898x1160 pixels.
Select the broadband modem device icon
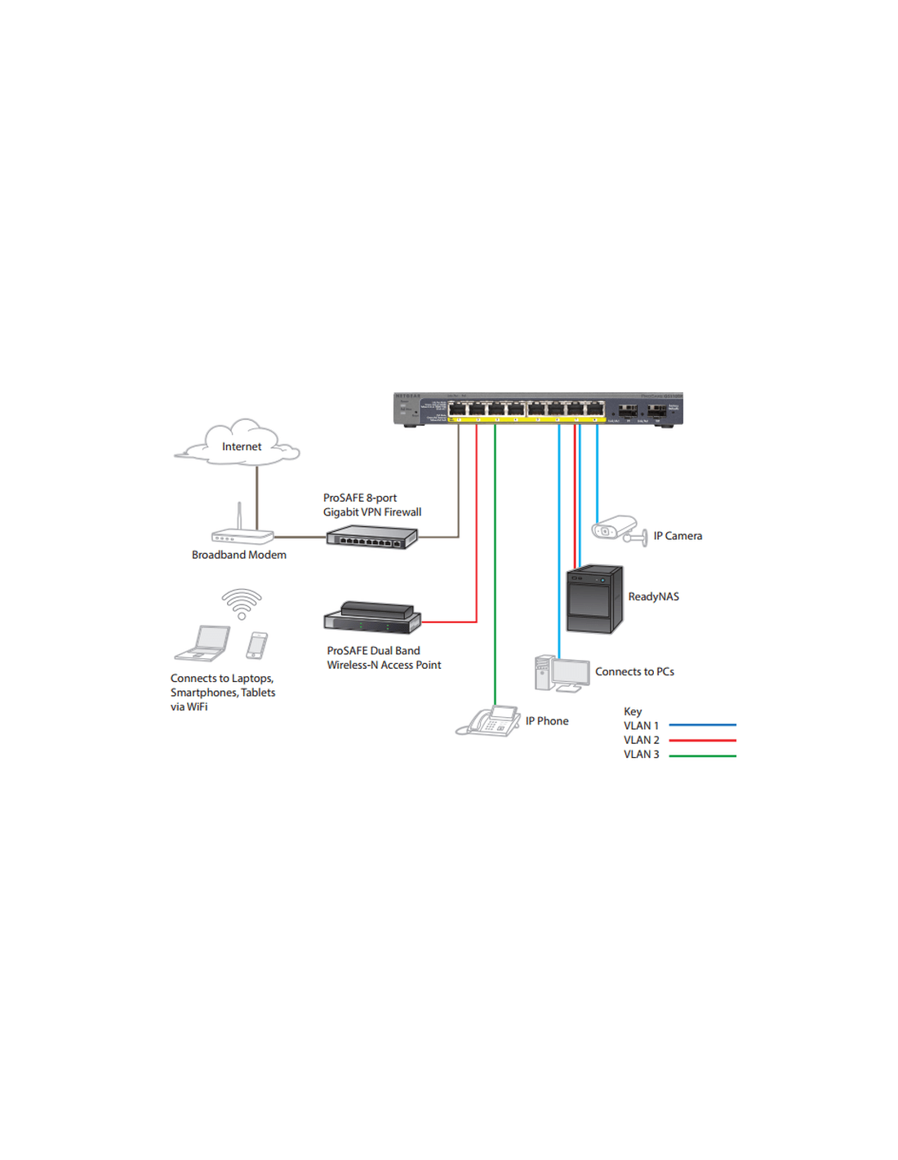coord(242,537)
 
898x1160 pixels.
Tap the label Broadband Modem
coord(238,555)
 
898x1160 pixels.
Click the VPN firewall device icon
coord(371,537)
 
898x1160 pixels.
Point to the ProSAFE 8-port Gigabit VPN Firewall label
coord(371,505)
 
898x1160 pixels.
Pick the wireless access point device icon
coord(372,618)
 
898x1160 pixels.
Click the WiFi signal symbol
coord(242,604)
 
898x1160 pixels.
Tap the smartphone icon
coord(256,645)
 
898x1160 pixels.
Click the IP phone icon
coord(489,721)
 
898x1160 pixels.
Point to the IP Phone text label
coord(547,721)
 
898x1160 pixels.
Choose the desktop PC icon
coord(562,675)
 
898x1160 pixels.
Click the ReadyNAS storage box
coord(594,600)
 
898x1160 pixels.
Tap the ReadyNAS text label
coord(653,597)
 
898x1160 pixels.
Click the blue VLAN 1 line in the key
coord(702,725)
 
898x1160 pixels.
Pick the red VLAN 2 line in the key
coord(702,741)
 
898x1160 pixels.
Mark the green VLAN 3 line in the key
coord(702,755)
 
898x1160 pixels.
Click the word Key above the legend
coord(633,711)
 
